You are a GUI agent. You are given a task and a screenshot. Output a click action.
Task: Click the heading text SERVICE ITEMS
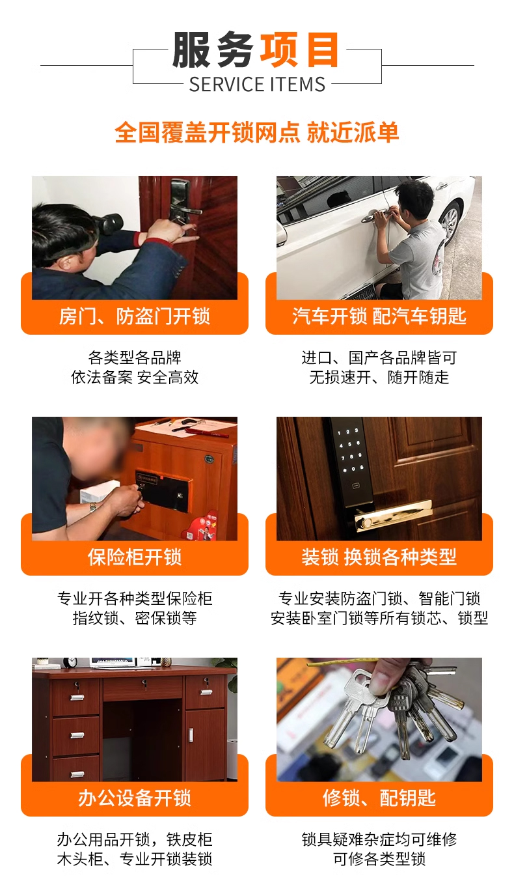point(257,84)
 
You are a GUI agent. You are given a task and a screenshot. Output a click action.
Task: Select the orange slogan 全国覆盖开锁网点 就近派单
point(257,132)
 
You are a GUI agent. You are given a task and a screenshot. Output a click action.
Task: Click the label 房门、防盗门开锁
point(135,316)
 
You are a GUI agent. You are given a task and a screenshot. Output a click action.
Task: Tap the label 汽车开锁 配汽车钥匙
point(379,316)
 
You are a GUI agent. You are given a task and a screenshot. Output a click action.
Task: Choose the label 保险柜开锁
point(135,557)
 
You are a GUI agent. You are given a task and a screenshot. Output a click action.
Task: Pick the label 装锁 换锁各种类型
point(379,557)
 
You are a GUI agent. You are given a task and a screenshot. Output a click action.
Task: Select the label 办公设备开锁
point(135,798)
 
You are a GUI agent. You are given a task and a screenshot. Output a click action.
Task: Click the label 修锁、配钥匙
point(379,798)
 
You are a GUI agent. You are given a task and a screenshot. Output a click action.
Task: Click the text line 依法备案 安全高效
point(135,377)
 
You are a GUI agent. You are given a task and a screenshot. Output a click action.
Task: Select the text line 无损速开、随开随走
point(379,377)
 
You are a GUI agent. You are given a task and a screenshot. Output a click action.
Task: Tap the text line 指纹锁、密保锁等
point(135,618)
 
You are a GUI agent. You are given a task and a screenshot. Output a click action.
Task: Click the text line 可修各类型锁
point(379,859)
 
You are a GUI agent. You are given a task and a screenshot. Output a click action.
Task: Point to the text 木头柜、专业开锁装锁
point(135,859)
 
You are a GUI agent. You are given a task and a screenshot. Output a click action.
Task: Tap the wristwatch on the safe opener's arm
point(94,506)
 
